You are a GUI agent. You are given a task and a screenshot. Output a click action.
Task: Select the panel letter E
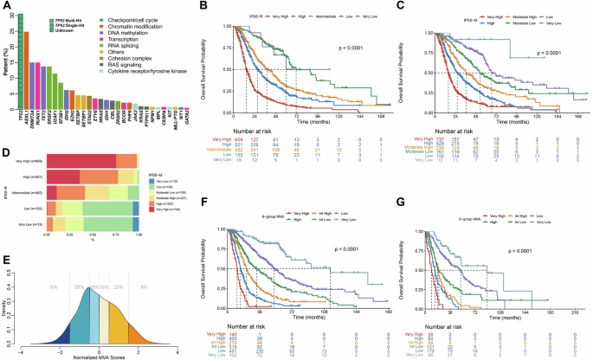click(6, 258)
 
